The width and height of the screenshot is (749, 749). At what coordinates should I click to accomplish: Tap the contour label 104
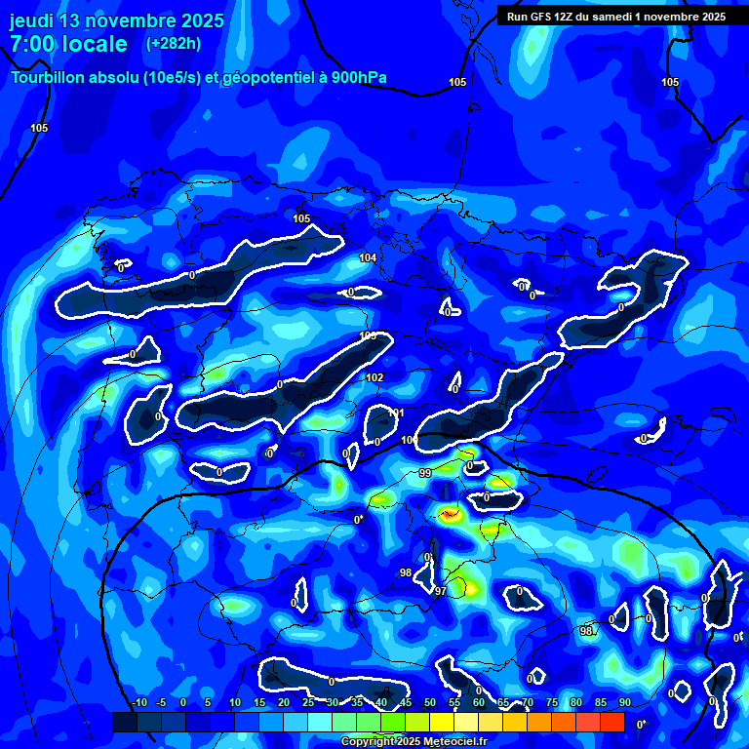point(368,257)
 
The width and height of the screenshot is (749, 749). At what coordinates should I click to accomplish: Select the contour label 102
point(374,377)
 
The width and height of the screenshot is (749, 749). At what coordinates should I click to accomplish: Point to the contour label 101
point(396,414)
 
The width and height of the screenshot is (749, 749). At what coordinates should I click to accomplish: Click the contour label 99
point(425,473)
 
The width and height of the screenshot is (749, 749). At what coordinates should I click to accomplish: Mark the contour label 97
point(441,592)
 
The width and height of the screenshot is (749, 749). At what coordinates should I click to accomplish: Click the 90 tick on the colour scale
point(624,703)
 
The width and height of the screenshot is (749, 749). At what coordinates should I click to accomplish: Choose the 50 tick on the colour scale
point(430,703)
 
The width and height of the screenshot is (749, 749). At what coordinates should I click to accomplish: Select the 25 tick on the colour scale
point(308,703)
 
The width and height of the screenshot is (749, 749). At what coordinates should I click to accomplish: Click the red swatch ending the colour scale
point(611,722)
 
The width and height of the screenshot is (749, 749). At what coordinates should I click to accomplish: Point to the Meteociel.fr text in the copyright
point(450,742)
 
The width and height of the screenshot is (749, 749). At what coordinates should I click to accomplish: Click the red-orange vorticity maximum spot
point(450,513)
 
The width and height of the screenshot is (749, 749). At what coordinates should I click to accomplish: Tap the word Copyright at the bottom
point(368,742)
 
